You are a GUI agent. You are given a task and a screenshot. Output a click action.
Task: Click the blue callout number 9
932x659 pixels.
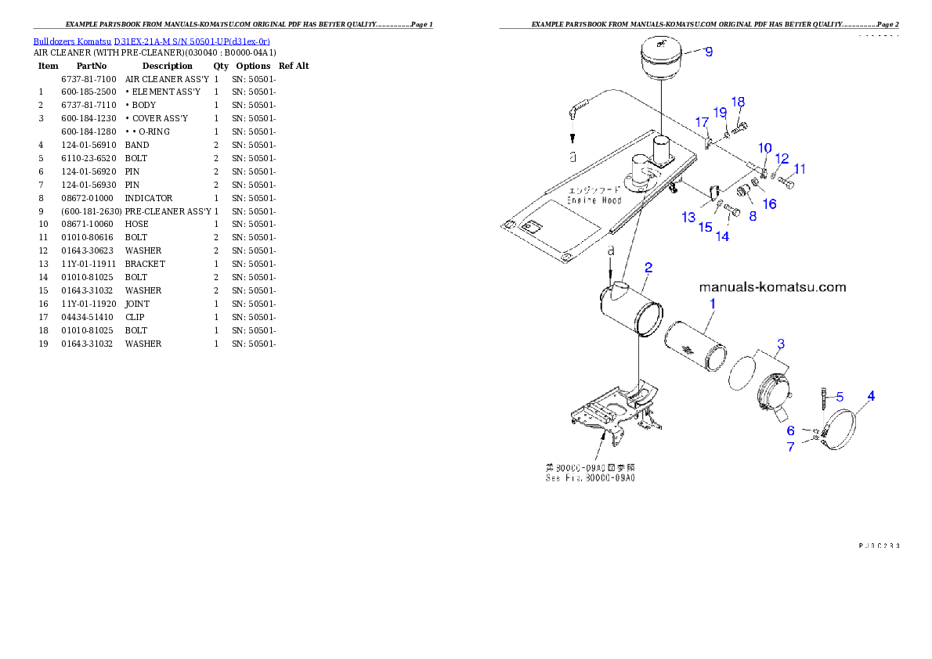708,52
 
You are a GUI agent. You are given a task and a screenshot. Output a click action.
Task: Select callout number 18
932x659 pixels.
738,102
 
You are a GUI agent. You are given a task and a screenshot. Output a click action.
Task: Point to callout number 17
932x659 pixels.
702,122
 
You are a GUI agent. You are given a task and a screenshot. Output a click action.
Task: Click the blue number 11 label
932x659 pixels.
799,168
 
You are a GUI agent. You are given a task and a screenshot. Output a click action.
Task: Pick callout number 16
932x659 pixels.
770,203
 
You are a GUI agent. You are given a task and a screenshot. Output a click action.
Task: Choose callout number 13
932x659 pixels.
688,217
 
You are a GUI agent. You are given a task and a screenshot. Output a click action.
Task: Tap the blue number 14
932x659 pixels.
722,236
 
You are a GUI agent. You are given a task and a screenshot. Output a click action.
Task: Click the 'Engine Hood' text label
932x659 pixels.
594,200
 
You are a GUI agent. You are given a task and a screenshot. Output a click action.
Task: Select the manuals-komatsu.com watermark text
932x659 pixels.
771,287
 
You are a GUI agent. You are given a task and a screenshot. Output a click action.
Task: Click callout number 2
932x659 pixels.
648,268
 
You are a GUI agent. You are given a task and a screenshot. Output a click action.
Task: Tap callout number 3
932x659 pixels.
780,344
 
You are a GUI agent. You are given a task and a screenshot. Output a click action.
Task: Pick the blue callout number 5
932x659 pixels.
839,396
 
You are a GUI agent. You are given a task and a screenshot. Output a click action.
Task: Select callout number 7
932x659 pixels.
791,447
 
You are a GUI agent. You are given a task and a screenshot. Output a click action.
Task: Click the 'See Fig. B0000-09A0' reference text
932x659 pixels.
590,477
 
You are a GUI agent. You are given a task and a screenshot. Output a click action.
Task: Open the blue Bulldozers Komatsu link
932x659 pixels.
151,41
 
